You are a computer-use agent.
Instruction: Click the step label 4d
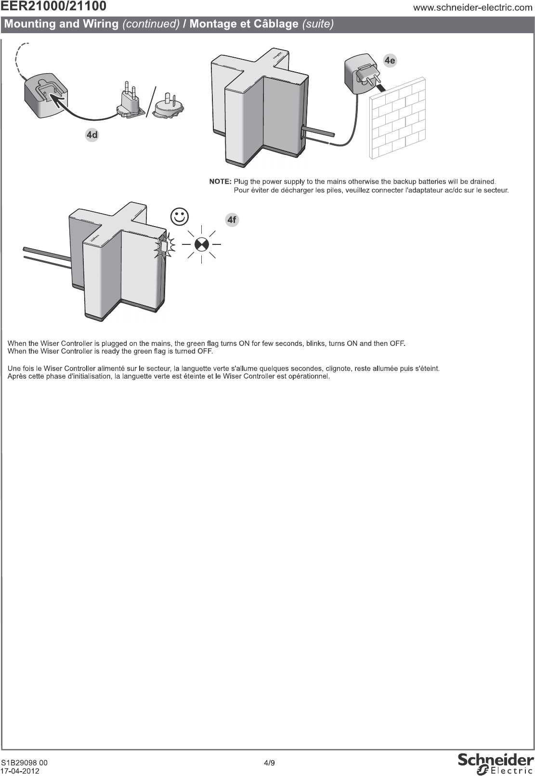92,135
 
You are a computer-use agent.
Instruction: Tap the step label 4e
390,60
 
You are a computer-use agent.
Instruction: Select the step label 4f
232,220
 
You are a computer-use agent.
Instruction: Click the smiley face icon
180,216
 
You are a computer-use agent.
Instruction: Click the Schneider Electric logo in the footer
496,763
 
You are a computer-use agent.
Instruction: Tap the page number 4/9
269,763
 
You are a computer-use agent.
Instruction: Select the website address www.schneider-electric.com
472,8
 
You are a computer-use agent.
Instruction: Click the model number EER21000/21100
53,7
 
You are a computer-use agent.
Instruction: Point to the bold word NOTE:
221,182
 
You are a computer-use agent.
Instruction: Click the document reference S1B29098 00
24,763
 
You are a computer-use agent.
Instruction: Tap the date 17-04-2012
20,771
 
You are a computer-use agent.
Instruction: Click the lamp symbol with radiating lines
201,244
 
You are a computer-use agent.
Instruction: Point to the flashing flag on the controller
163,246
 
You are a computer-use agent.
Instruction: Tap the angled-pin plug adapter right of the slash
169,106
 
